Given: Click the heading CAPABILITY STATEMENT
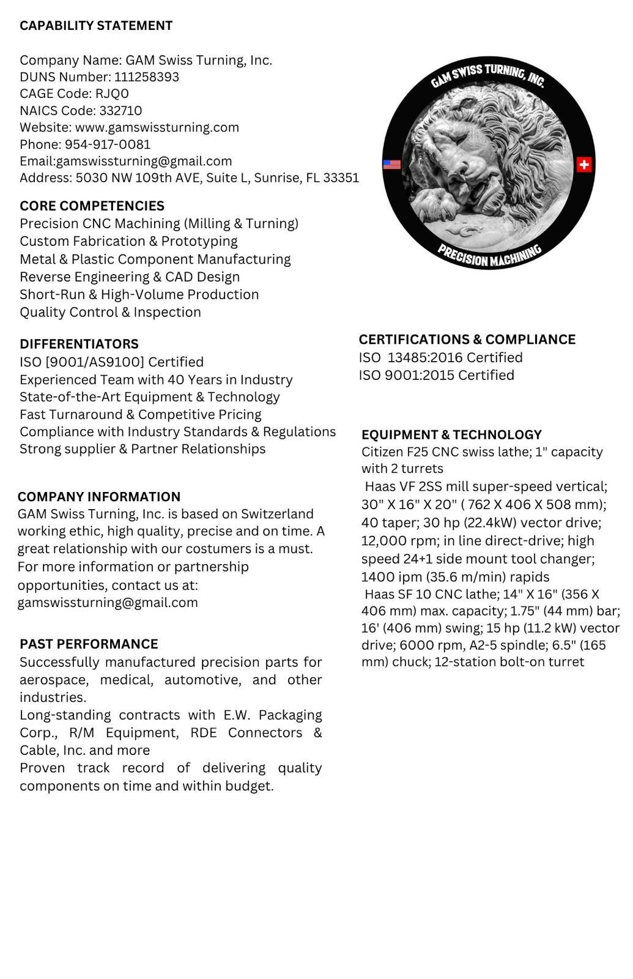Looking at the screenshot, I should tap(96, 26).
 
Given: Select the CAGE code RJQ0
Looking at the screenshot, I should tap(112, 94).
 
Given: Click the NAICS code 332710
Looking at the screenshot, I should tap(120, 111).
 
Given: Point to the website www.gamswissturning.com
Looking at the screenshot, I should tap(157, 127).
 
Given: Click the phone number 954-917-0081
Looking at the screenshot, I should tap(108, 144).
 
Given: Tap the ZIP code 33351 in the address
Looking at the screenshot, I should tap(341, 178).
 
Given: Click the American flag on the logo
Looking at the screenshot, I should tap(391, 165).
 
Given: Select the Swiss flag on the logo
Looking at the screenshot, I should tap(584, 165).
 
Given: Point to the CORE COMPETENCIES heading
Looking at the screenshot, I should tap(92, 206).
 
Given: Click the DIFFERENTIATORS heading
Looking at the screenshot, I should tap(79, 344).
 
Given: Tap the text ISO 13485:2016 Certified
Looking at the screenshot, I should tap(440, 357).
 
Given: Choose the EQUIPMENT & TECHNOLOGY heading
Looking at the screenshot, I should tap(451, 435).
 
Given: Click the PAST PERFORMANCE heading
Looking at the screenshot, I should tap(89, 644).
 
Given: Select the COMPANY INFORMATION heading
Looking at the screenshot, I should tap(99, 497).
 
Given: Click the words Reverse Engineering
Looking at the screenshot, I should tap(78, 277).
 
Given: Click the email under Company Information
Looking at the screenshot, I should tap(108, 603).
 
